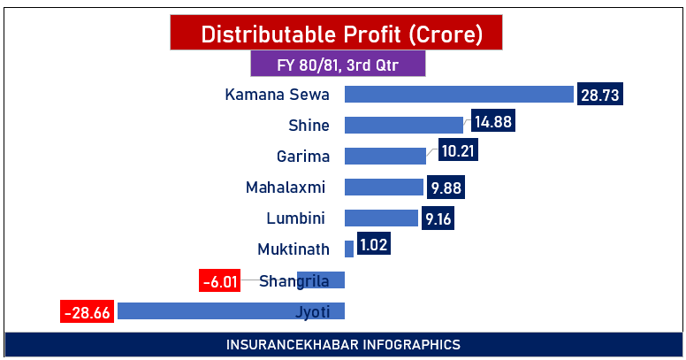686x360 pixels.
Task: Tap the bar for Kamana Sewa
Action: click(x=460, y=95)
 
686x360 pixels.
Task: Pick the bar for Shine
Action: click(x=404, y=125)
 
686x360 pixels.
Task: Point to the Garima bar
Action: click(x=385, y=156)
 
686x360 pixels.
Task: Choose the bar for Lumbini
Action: click(x=381, y=218)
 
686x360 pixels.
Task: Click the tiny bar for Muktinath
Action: click(x=349, y=249)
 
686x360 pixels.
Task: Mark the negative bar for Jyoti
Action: click(x=203, y=310)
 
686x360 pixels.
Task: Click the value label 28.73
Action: click(x=599, y=95)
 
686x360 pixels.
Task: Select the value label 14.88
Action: click(x=492, y=123)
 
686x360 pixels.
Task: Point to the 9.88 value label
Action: click(x=446, y=188)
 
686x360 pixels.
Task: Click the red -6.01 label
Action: click(x=220, y=281)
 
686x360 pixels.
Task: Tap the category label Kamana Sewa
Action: click(x=277, y=95)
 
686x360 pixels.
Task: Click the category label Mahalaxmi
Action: click(x=286, y=187)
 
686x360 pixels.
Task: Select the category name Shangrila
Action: click(x=294, y=281)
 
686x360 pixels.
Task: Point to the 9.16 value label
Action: click(x=438, y=218)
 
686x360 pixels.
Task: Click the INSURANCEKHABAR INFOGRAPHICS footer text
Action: click(x=343, y=344)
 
